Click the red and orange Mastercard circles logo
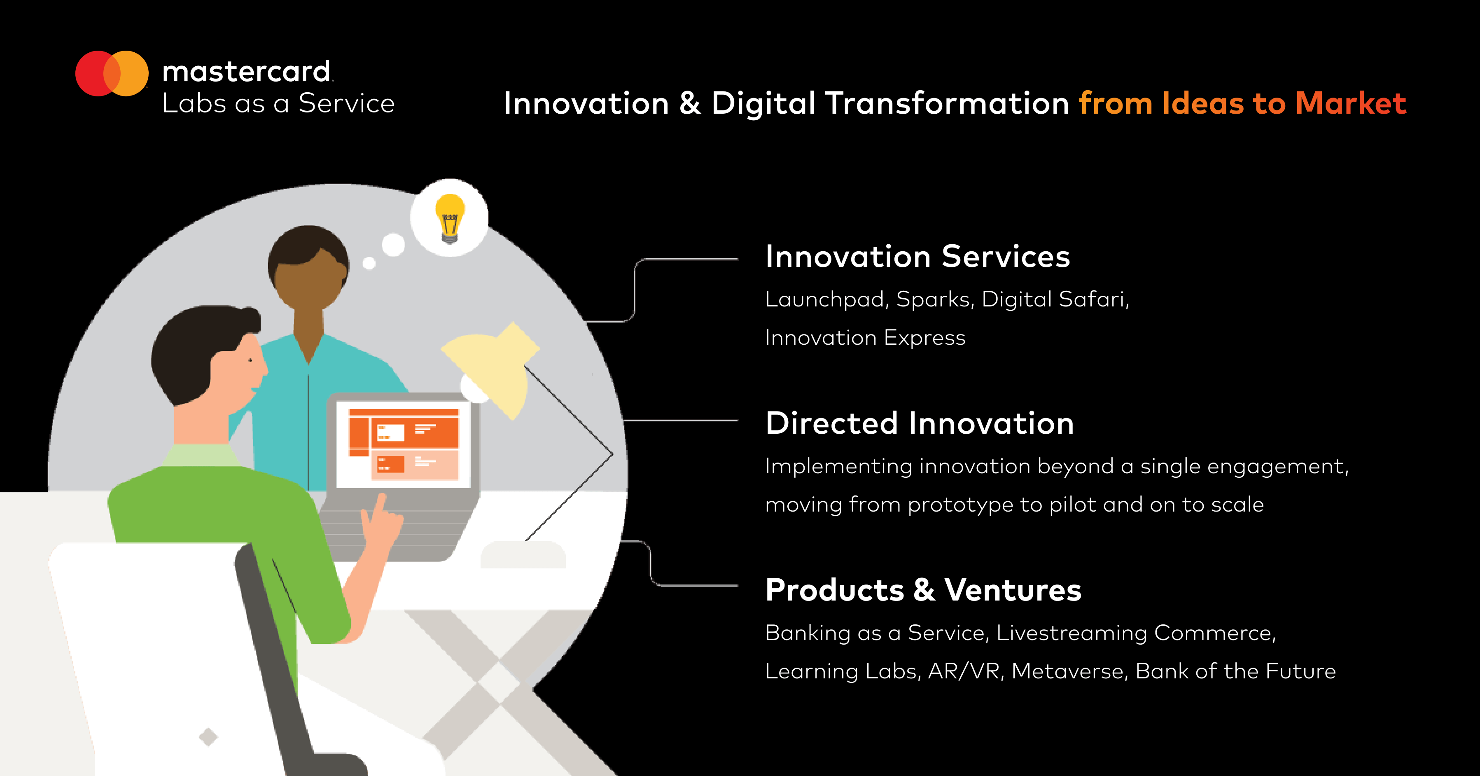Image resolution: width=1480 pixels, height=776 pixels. pyautogui.click(x=112, y=74)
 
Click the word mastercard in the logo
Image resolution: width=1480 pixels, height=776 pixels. pyautogui.click(x=247, y=72)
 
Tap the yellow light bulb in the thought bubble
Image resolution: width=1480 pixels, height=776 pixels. pyautogui.click(x=450, y=217)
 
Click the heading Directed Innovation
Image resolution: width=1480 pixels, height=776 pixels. pyautogui.click(x=919, y=424)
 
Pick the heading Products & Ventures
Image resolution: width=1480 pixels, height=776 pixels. pyautogui.click(x=923, y=590)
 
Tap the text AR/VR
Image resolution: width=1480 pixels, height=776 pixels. pyautogui.click(x=965, y=671)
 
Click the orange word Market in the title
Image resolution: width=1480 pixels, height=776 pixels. pyautogui.click(x=1351, y=103)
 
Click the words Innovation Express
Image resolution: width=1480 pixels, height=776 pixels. pyautogui.click(x=865, y=338)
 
